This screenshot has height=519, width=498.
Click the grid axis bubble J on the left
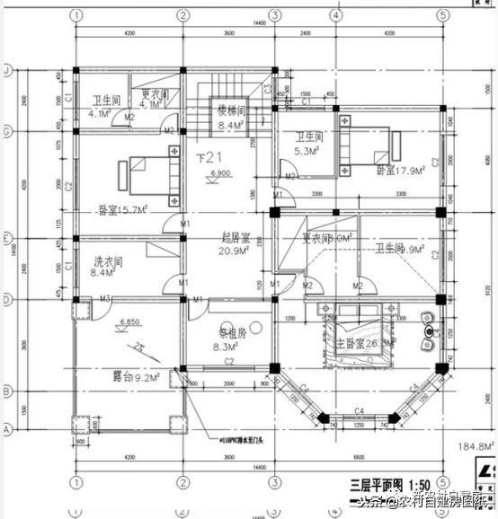coord(6,69)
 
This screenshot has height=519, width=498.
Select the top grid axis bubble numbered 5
coord(442,14)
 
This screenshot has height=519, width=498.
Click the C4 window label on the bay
coord(360,411)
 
